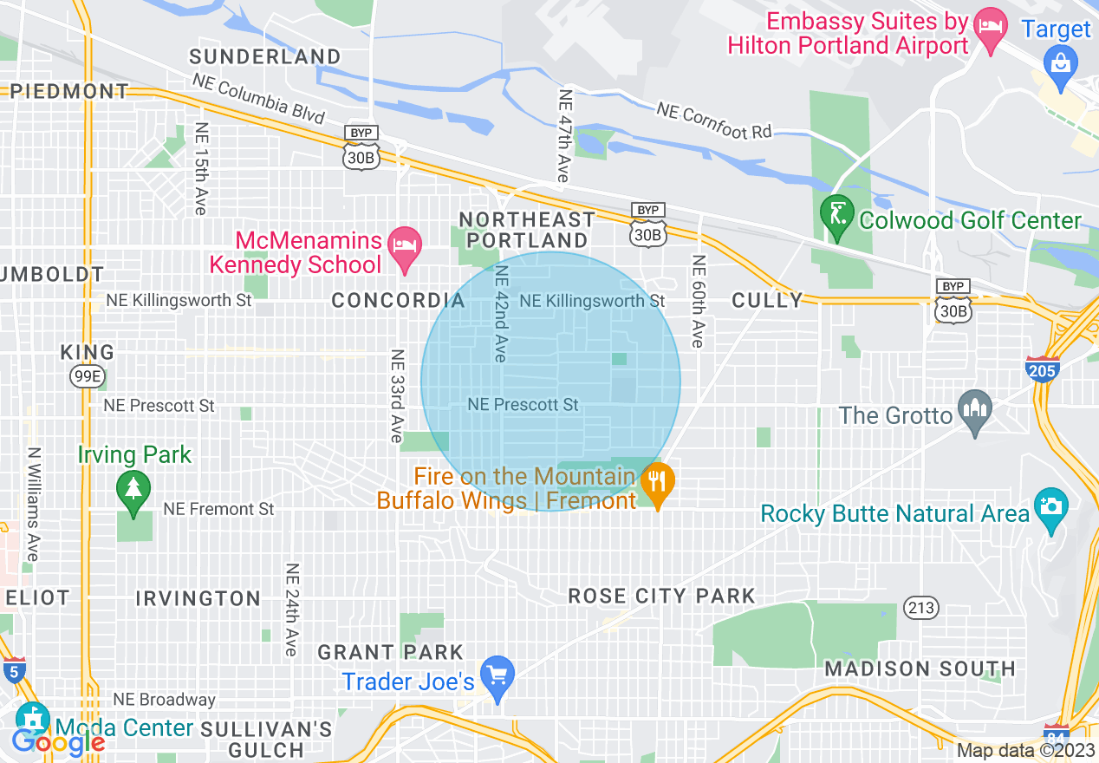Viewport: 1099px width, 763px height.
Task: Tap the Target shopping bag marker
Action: (x=1060, y=62)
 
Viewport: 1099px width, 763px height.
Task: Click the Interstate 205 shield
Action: (x=1040, y=369)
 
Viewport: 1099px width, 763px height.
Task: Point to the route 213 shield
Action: (x=920, y=607)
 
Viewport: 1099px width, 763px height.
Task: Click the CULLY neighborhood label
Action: (x=767, y=300)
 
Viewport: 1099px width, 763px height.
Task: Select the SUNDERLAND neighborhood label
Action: (x=265, y=57)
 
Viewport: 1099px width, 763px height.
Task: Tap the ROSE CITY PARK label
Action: (x=662, y=596)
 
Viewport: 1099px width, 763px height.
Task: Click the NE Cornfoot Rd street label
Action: (x=713, y=122)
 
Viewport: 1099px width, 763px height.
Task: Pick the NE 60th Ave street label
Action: (x=697, y=301)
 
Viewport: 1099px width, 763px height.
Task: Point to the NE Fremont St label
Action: (x=218, y=509)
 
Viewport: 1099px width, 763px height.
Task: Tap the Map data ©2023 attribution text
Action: (x=1026, y=751)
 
